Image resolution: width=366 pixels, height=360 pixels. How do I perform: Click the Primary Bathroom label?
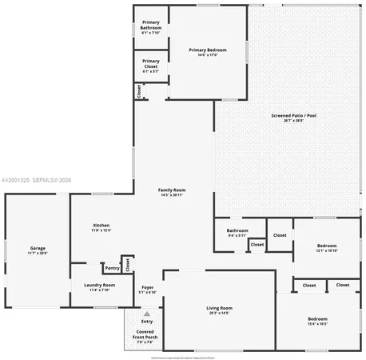point(151,27)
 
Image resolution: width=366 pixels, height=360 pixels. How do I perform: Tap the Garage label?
point(38,250)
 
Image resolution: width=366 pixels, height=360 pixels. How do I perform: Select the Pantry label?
point(112,268)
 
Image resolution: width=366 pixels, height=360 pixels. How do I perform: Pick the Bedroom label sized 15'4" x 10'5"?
point(317,321)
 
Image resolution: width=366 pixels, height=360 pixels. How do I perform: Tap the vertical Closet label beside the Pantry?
point(126,264)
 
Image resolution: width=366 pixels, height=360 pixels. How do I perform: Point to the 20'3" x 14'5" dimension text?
point(219,314)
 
